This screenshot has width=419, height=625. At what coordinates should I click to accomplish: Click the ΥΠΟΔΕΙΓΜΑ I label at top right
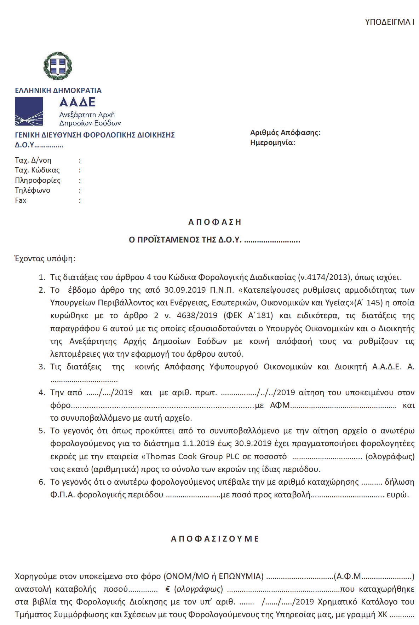click(389, 22)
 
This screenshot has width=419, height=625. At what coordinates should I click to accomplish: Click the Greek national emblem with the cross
click(58, 66)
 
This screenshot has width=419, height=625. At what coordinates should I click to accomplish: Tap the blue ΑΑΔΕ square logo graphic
click(29, 112)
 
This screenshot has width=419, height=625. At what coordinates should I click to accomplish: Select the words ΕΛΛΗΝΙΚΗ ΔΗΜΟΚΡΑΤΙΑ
click(58, 90)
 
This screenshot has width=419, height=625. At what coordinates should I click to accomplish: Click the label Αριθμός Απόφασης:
click(285, 133)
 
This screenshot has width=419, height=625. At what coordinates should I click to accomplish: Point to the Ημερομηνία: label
click(272, 142)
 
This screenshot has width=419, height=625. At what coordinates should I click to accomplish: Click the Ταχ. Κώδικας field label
click(37, 170)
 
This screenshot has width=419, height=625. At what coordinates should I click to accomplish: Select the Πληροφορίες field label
click(38, 180)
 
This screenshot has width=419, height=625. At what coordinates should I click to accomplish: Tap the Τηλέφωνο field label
click(33, 190)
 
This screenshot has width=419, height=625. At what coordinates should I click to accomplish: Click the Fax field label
click(21, 200)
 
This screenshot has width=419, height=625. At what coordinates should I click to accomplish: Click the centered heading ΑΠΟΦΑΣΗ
click(214, 222)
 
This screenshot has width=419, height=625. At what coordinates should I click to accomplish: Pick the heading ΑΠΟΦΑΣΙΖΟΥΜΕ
click(215, 539)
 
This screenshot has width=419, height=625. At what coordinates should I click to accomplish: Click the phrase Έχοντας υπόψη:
click(45, 258)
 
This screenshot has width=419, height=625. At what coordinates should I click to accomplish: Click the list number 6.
click(42, 482)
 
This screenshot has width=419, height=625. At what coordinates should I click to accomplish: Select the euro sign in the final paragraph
click(168, 589)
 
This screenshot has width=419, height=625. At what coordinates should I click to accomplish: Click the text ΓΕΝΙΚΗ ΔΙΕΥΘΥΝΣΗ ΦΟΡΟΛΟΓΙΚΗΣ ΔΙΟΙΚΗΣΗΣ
click(95, 135)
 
